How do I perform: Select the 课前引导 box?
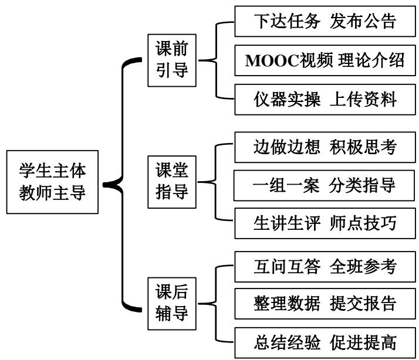point(171,59)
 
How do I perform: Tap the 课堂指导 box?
point(171,182)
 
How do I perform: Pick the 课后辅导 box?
point(171,303)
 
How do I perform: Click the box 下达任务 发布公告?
point(325,22)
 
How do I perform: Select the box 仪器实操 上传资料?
point(325,99)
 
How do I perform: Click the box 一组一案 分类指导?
point(325,185)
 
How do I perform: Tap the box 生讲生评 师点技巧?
point(325,223)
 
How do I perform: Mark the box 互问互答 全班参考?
point(325,266)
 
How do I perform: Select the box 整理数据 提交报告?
point(325,304)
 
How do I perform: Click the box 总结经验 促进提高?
point(325,342)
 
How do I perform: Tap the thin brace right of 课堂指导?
point(214,182)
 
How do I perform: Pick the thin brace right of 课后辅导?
point(214,303)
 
